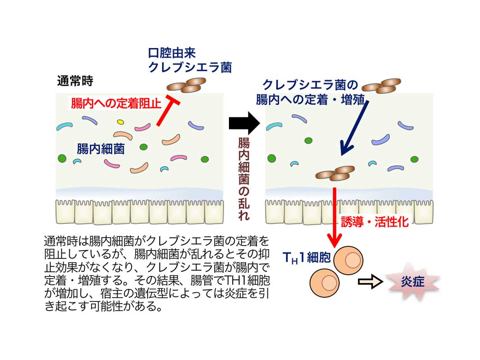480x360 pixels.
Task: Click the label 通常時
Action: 75,82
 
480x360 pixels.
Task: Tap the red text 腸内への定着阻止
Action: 116,102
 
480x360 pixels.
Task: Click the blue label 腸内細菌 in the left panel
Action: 101,149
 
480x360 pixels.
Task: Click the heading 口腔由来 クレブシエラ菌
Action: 189,60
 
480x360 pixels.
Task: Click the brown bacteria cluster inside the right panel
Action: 336,173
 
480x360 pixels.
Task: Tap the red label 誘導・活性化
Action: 375,222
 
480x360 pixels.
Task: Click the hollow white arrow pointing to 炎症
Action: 371,282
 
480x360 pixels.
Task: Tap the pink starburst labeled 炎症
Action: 412,281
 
